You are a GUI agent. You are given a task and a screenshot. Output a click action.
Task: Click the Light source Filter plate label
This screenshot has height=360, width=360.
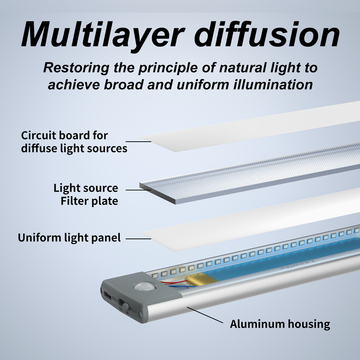[86, 194]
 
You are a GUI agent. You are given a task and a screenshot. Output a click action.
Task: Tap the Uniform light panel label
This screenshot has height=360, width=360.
[69, 237]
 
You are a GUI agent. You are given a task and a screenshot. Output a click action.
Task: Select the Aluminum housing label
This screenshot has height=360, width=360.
[280, 324]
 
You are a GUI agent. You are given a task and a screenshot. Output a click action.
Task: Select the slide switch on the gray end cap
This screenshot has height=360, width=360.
[126, 307]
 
